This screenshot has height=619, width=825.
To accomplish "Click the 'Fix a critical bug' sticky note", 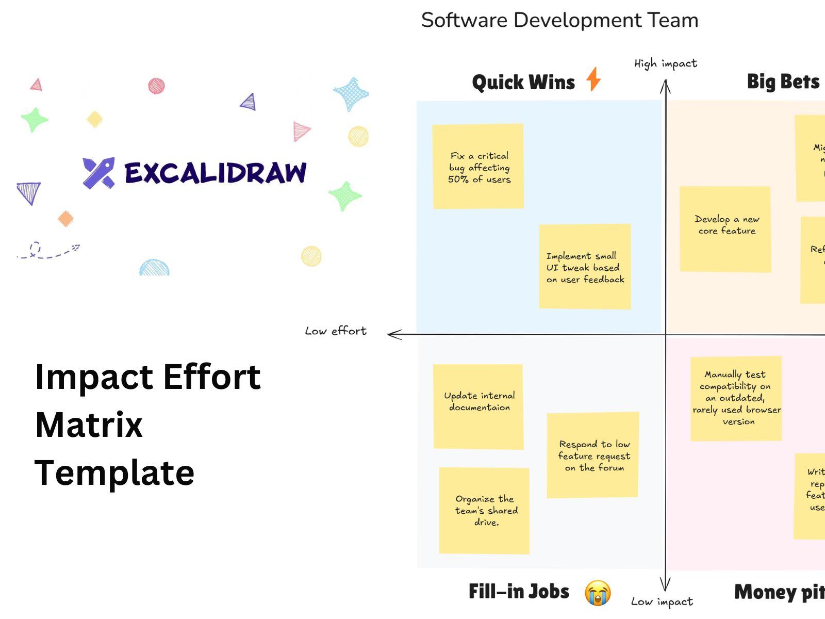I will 478,166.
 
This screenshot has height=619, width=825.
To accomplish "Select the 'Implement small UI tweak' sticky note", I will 585,267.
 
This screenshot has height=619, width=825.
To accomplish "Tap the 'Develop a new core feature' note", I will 725,229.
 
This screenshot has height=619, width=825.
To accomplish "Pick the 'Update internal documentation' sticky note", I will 478,406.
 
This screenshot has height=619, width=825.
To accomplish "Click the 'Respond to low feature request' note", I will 593,454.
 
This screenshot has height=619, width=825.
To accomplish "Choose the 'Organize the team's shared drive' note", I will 484,511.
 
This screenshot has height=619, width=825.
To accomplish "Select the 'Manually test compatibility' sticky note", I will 736,398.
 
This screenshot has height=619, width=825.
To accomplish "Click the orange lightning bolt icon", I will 593,79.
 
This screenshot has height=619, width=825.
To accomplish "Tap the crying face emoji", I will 598,593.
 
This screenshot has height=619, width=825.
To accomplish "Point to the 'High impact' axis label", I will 665,63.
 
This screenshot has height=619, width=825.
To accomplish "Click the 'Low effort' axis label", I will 336,331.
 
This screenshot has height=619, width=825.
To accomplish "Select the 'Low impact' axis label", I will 662,601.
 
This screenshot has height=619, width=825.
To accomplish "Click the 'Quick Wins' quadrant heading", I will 523,83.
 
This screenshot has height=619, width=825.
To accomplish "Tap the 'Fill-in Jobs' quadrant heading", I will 519,592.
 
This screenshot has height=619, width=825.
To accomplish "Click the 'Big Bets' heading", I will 783,82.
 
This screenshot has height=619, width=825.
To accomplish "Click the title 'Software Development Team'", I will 559,21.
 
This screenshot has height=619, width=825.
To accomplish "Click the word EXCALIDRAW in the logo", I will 216,173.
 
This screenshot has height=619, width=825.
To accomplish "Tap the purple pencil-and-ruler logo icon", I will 98,173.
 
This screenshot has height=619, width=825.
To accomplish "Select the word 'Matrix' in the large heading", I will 89,425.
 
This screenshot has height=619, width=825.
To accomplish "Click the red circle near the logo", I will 156,86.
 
